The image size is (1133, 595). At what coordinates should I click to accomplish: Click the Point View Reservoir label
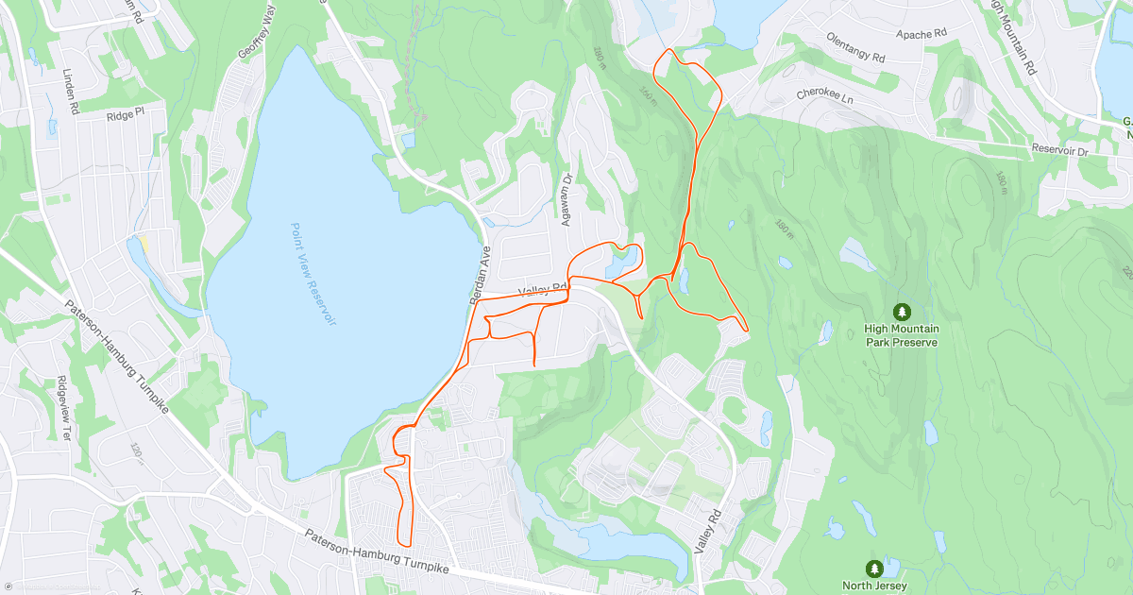click(313, 274)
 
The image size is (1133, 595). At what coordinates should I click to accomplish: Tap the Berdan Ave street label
click(479, 274)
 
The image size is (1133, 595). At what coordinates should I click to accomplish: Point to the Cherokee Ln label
click(824, 96)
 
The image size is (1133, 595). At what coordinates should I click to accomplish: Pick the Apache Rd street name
click(921, 34)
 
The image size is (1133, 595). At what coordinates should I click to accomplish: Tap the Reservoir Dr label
click(1060, 150)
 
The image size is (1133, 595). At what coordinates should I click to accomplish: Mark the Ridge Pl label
click(126, 114)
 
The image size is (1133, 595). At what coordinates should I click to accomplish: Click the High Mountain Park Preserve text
click(902, 335)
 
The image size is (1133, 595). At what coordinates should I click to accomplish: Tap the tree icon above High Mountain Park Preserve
click(903, 311)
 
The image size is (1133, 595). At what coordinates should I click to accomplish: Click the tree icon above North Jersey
click(875, 569)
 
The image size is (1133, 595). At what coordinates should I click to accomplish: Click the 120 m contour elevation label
click(139, 452)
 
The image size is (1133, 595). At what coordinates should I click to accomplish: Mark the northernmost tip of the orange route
click(668, 49)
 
